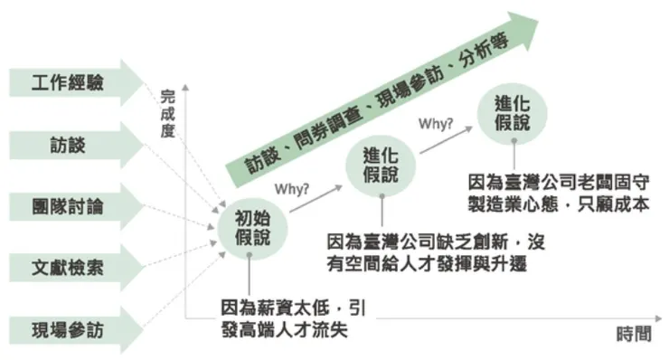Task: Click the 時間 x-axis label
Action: [633, 333]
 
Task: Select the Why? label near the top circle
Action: [435, 120]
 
